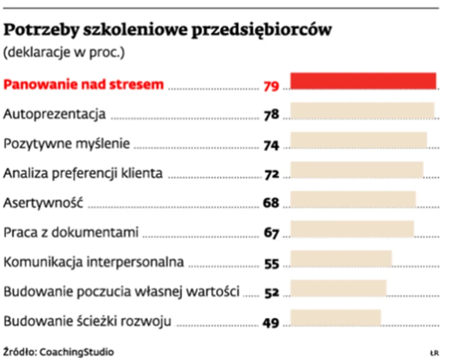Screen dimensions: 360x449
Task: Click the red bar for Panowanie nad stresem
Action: [x=363, y=81]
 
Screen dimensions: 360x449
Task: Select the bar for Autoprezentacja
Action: [x=362, y=111]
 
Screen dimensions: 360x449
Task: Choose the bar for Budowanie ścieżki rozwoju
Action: [x=335, y=318]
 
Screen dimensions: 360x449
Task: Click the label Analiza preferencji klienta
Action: [x=83, y=173]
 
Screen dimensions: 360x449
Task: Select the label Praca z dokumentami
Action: [x=71, y=232]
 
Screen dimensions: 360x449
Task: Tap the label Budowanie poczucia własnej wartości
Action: [x=122, y=291]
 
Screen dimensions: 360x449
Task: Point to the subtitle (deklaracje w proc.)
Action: [x=64, y=54]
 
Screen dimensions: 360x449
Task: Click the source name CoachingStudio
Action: [x=76, y=352]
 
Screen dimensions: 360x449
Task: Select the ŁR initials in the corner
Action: [x=434, y=353]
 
